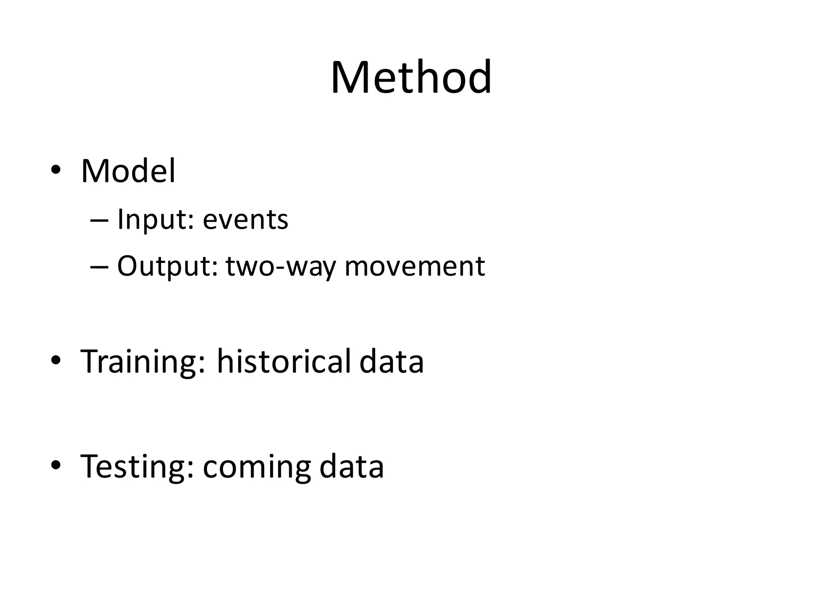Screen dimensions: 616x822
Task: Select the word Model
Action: (128, 171)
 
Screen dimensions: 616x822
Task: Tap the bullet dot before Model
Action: (56, 170)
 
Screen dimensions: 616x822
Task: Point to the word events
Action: (245, 220)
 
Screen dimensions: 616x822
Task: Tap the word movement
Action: (415, 267)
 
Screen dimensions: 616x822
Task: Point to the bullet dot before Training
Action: (56, 360)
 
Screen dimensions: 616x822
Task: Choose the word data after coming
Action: (352, 466)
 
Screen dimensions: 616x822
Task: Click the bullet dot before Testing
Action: (56, 465)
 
